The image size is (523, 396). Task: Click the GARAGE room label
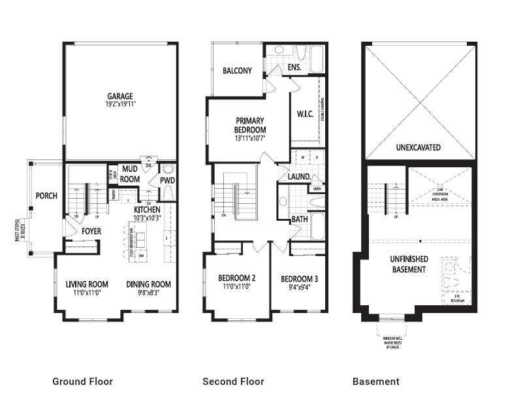click(120, 95)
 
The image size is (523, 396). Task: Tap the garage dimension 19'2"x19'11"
click(120, 103)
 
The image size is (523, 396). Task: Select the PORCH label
click(46, 195)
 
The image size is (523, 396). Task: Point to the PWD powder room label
click(167, 180)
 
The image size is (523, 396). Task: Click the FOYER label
click(91, 231)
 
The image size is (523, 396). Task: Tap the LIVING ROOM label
click(87, 284)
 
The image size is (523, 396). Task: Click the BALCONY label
click(237, 71)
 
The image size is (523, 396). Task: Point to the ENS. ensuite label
click(294, 67)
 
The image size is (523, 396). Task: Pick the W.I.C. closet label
click(305, 114)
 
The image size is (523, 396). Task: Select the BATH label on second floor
click(299, 220)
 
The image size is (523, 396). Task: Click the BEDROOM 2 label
click(236, 278)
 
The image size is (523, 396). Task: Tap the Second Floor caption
click(233, 382)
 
